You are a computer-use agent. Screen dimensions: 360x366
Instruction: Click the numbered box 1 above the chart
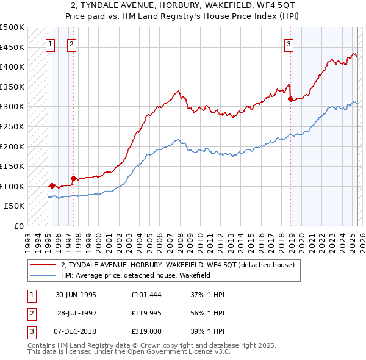tap(49, 43)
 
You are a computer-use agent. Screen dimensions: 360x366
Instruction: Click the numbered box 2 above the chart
tap(71, 43)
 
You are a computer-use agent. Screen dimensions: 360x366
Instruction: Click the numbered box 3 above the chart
tap(289, 43)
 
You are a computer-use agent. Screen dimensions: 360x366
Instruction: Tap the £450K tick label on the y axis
tap(12, 47)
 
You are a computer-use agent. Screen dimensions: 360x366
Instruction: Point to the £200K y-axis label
tap(12, 146)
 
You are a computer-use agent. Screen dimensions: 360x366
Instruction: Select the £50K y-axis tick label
tap(15, 206)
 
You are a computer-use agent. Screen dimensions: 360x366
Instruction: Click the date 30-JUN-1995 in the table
tap(76, 295)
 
